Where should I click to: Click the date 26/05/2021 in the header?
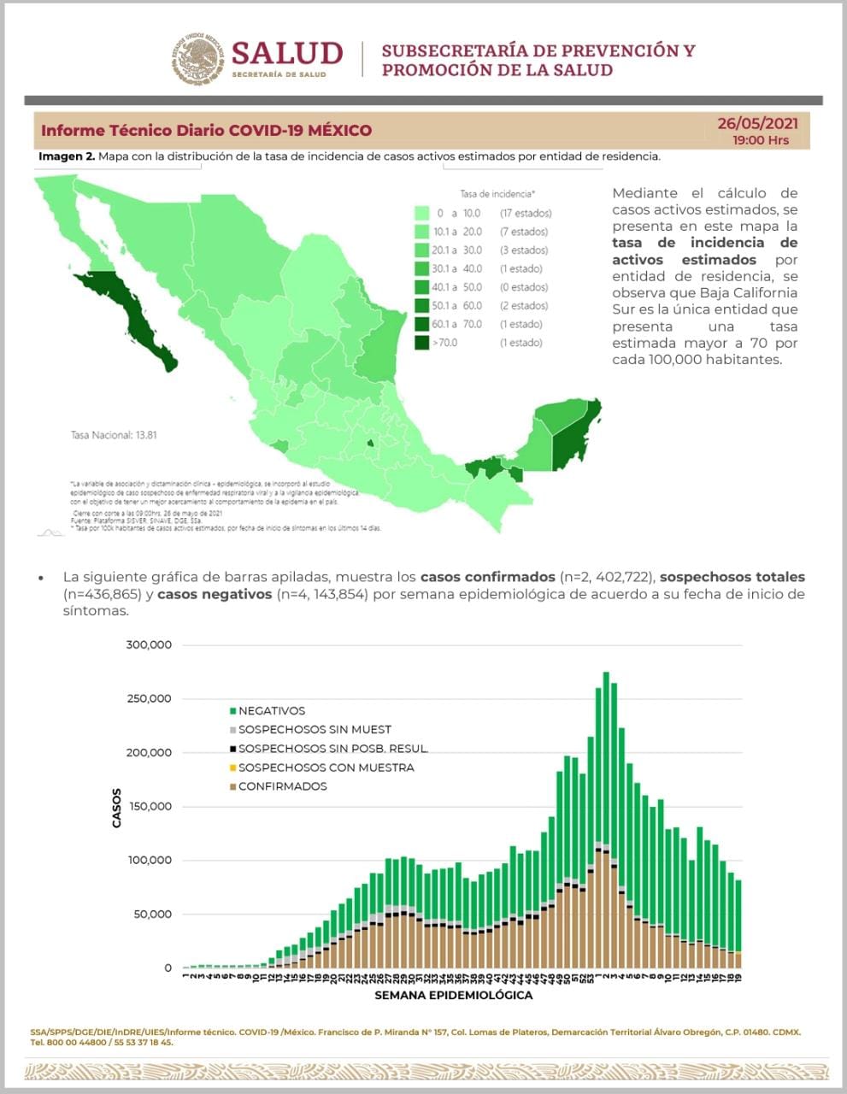757,124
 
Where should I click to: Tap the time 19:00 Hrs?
760,140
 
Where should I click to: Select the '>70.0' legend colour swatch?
421,343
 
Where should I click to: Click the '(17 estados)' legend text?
526,213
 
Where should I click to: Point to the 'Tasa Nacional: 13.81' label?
113,435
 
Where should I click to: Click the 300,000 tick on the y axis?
149,644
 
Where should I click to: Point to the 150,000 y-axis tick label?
149,806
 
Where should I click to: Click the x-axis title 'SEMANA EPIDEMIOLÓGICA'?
453,995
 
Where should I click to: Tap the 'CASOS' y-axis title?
117,808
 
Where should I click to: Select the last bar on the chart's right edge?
738,923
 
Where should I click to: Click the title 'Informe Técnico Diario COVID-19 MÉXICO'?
207,131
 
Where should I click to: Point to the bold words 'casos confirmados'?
487,577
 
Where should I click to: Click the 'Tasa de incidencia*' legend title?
497,194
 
